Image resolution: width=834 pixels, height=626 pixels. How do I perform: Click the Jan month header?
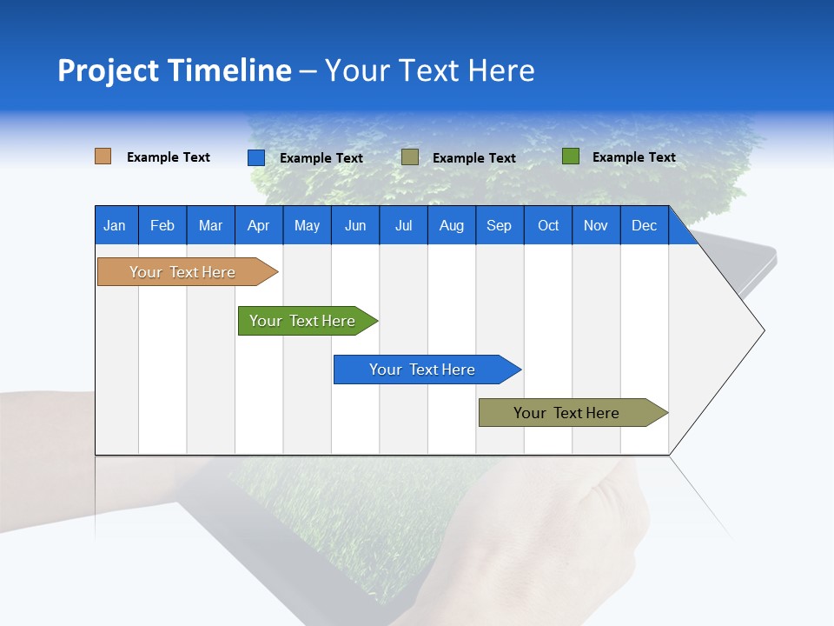[115, 225]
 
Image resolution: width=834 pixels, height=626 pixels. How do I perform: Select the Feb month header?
[162, 225]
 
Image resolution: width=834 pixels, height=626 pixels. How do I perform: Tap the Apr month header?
[258, 225]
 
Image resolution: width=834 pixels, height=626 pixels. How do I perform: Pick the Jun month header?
[355, 225]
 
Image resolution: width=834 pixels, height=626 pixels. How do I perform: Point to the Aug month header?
[451, 225]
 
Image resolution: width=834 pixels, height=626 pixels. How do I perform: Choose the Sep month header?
[499, 225]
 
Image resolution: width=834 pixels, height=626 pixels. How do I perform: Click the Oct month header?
[548, 225]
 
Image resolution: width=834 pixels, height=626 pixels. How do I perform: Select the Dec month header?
[644, 225]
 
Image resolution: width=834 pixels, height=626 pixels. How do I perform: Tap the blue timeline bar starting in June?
[423, 370]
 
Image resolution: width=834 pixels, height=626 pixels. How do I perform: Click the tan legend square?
[103, 156]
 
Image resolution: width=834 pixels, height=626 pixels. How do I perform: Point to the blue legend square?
[255, 157]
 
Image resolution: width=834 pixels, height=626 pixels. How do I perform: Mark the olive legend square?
[410, 157]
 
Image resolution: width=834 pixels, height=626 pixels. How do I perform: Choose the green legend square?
[570, 156]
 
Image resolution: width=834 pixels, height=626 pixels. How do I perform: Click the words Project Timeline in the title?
[175, 70]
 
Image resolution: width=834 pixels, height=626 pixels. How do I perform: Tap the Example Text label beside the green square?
[633, 157]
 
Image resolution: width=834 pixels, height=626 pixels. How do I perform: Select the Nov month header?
[596, 225]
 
